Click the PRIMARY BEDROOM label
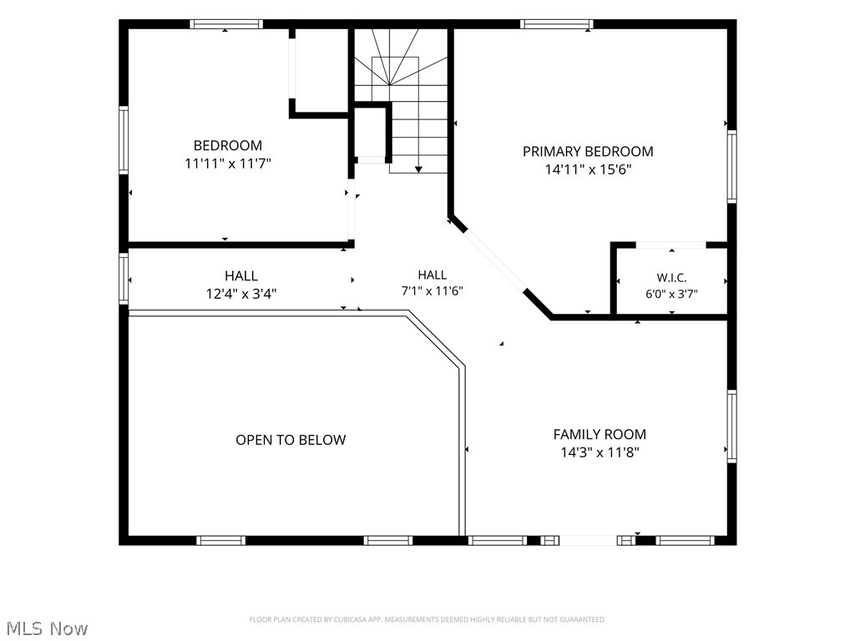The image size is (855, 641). pyautogui.click(x=588, y=152)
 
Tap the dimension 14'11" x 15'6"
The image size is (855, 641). pyautogui.click(x=588, y=169)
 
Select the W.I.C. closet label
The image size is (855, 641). pyautogui.click(x=671, y=278)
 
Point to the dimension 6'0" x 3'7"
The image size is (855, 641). pyautogui.click(x=671, y=294)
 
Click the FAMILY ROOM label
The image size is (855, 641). pyautogui.click(x=600, y=434)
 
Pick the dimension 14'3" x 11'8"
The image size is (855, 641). pyautogui.click(x=600, y=452)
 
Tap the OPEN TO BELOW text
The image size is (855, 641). pyautogui.click(x=291, y=440)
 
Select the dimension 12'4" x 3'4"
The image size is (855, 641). pyautogui.click(x=241, y=295)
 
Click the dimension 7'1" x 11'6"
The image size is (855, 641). pyautogui.click(x=432, y=291)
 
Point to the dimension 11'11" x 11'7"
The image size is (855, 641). pyautogui.click(x=228, y=164)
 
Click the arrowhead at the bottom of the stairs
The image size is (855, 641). pyautogui.click(x=418, y=169)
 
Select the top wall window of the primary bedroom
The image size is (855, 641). pyautogui.click(x=556, y=24)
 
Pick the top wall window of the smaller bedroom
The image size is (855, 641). pyautogui.click(x=226, y=24)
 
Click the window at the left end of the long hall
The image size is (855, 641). pyautogui.click(x=124, y=278)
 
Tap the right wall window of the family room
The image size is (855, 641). pyautogui.click(x=731, y=426)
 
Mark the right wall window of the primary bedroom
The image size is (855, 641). pyautogui.click(x=731, y=167)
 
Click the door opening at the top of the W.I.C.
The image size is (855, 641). pyautogui.click(x=671, y=245)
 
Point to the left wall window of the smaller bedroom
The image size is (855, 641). pyautogui.click(x=124, y=140)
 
